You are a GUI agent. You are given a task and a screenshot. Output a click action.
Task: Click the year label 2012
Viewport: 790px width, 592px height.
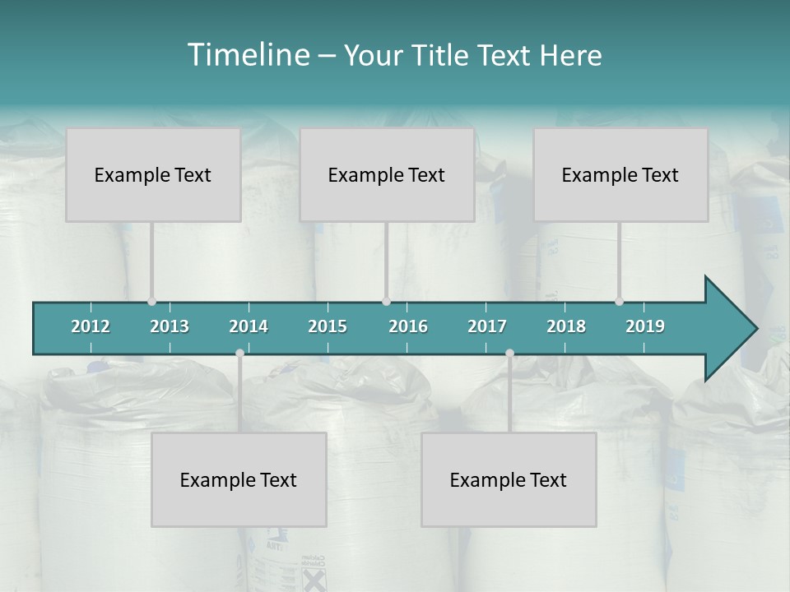[91, 326]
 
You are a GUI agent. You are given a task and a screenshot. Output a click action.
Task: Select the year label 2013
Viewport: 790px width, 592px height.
[170, 326]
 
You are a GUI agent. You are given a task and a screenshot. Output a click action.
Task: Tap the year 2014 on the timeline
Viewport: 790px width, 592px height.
[249, 326]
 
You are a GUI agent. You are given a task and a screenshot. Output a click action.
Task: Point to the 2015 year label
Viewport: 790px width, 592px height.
[328, 326]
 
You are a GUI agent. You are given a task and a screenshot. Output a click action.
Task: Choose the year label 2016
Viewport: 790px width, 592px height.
[408, 326]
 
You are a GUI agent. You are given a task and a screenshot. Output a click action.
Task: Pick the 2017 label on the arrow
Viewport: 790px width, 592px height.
[487, 326]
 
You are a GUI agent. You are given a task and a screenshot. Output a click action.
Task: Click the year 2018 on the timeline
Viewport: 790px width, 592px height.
[566, 326]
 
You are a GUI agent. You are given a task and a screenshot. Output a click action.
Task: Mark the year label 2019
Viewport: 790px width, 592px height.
[645, 326]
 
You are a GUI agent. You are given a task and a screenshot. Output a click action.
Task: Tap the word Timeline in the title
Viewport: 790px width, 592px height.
[247, 55]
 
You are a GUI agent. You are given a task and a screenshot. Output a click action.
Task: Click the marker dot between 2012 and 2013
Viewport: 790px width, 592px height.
[151, 301]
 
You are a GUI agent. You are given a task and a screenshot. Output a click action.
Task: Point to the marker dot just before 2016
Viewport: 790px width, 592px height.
[386, 301]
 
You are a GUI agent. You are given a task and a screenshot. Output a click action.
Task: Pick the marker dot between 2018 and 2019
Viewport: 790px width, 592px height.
[619, 301]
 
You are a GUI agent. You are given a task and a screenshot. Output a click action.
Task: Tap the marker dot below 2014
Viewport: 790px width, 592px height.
[239, 353]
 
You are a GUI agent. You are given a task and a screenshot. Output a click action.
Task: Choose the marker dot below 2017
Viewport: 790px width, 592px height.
[509, 353]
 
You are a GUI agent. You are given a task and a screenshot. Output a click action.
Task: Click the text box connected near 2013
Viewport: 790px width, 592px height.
[153, 174]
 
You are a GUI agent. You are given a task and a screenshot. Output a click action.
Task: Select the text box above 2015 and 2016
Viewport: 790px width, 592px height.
[387, 174]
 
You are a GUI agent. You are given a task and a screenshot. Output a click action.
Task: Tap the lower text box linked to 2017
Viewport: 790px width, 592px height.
[509, 479]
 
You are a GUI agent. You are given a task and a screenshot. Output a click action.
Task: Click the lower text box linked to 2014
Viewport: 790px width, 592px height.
[239, 479]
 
